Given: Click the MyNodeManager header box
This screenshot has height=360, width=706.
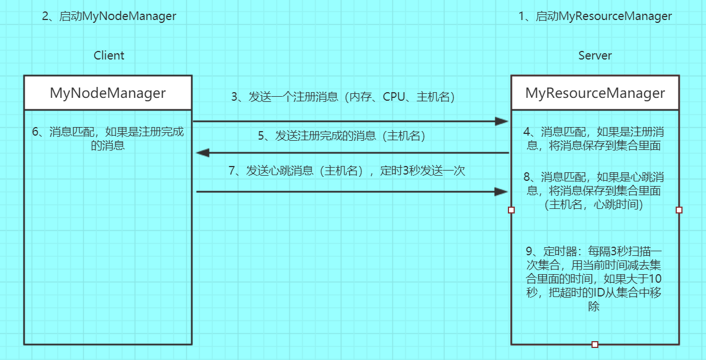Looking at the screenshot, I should pos(108,93).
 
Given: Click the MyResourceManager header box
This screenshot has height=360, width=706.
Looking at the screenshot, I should pos(595,93).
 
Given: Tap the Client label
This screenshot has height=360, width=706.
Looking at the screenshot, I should pos(109,56).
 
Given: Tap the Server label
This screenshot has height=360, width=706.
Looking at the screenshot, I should pos(595,56).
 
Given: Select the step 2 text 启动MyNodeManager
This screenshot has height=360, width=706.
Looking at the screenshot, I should pos(109,16).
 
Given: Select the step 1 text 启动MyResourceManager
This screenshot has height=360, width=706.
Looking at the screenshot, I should pos(595,16).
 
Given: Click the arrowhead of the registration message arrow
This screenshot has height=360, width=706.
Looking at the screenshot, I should pos(502,121).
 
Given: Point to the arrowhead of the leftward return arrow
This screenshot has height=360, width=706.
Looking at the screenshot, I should pos(202,153).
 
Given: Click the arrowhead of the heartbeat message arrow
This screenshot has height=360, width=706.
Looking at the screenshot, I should pos(502,192).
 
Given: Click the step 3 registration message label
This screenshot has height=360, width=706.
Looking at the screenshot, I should pos(342,97).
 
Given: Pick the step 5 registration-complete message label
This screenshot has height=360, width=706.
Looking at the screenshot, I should pos(342,136).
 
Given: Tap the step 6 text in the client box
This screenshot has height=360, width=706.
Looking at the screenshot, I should pos(108,139).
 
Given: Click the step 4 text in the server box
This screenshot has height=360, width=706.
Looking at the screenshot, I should pos(595,139).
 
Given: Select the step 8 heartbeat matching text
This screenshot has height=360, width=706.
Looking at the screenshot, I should pos(595,190).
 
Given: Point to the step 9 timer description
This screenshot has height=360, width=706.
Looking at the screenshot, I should pos(595,279).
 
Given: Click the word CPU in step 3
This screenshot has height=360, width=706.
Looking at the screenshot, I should pos(393,97).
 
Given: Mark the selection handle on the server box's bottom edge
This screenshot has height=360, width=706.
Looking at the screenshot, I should pos(595,344).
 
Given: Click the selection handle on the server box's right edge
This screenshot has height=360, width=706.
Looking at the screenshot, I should pos(679,210).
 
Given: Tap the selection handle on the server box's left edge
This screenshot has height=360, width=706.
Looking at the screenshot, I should pos(511,210).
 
